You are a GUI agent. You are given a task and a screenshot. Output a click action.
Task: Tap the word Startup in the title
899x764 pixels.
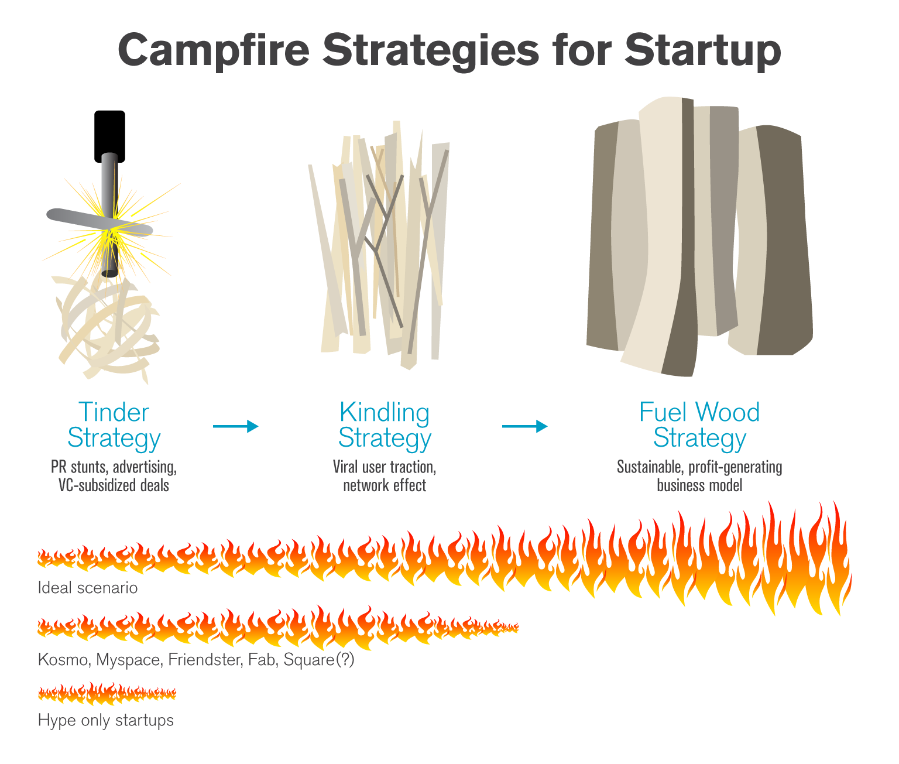click(703, 50)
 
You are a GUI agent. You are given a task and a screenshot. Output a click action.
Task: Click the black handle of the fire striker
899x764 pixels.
click(109, 136)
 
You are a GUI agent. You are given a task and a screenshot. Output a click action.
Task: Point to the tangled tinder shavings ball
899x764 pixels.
click(108, 328)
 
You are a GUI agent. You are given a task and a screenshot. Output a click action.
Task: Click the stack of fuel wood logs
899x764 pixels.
click(700, 234)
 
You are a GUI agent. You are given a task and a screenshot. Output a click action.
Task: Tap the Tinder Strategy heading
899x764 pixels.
click(114, 425)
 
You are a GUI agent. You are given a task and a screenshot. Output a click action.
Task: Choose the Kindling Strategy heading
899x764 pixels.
click(385, 425)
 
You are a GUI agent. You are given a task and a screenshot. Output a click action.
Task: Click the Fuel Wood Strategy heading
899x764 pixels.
click(699, 425)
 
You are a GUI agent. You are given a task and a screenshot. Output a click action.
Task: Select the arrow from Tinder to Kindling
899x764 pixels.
click(235, 426)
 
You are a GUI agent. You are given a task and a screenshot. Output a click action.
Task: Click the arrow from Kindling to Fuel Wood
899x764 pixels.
click(524, 426)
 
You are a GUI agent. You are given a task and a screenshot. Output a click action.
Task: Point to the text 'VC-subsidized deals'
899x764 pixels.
click(114, 485)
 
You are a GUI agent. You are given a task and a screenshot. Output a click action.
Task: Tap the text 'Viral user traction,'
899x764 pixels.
click(385, 467)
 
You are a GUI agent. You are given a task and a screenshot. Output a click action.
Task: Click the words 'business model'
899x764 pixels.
click(699, 485)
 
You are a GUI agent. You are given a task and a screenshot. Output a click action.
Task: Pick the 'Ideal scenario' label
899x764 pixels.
click(88, 588)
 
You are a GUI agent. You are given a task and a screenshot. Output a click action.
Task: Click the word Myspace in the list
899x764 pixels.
click(128, 660)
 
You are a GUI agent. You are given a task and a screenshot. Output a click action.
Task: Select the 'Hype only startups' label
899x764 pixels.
click(106, 720)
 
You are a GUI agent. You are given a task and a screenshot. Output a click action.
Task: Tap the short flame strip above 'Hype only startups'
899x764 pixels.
click(107, 694)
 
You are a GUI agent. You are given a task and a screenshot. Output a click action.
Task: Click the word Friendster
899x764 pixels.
click(204, 660)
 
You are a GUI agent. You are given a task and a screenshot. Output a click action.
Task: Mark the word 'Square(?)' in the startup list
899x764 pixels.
click(319, 660)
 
